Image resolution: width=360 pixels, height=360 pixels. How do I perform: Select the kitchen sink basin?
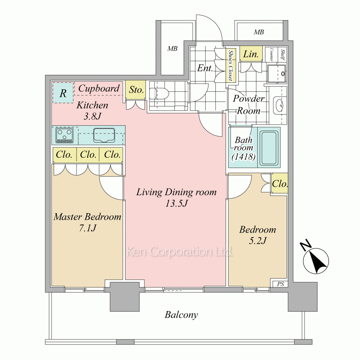[104, 135]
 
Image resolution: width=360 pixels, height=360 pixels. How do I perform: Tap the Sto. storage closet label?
[136, 90]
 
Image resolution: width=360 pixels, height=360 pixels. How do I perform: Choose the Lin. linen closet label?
[251, 54]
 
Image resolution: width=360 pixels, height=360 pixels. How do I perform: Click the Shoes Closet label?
[230, 66]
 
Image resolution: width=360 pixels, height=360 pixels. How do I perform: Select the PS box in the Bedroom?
[280, 284]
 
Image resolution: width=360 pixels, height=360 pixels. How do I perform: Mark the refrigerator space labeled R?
[63, 93]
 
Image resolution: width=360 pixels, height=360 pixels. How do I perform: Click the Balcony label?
[181, 315]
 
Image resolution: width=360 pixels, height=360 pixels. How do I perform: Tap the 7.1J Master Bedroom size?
[87, 228]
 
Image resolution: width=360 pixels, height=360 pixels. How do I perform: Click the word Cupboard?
[99, 89]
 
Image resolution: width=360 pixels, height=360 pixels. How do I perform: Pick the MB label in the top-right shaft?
[259, 32]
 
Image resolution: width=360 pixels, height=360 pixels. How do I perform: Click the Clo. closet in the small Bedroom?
[279, 184]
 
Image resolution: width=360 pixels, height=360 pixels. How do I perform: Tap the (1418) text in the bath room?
[243, 157]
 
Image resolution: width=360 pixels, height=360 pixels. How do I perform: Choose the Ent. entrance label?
[205, 68]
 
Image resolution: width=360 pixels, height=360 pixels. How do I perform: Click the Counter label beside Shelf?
[271, 54]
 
